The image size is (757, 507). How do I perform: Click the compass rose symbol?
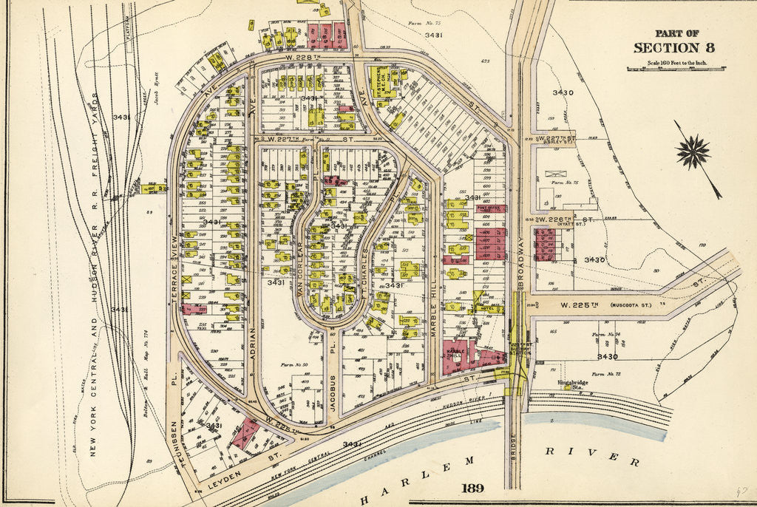pos(693,153)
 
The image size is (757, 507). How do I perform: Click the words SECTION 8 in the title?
pos(673,48)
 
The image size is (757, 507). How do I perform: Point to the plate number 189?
pos(472,489)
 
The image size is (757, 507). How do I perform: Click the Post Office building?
pos(492,209)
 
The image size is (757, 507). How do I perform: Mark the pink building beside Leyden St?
pos(245,434)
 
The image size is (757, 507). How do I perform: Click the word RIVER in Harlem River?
pos(592,456)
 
